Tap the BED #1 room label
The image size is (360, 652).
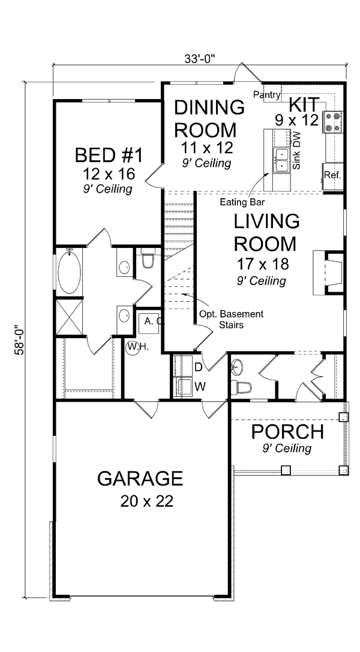click(109, 155)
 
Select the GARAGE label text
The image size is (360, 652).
click(140, 478)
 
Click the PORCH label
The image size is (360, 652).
click(287, 432)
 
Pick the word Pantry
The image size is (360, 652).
click(266, 95)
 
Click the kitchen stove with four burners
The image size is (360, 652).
click(333, 122)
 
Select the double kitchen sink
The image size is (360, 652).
click(281, 160)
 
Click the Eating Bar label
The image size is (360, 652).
click(242, 202)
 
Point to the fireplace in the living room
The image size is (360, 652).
click(328, 273)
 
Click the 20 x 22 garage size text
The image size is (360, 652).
click(147, 501)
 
